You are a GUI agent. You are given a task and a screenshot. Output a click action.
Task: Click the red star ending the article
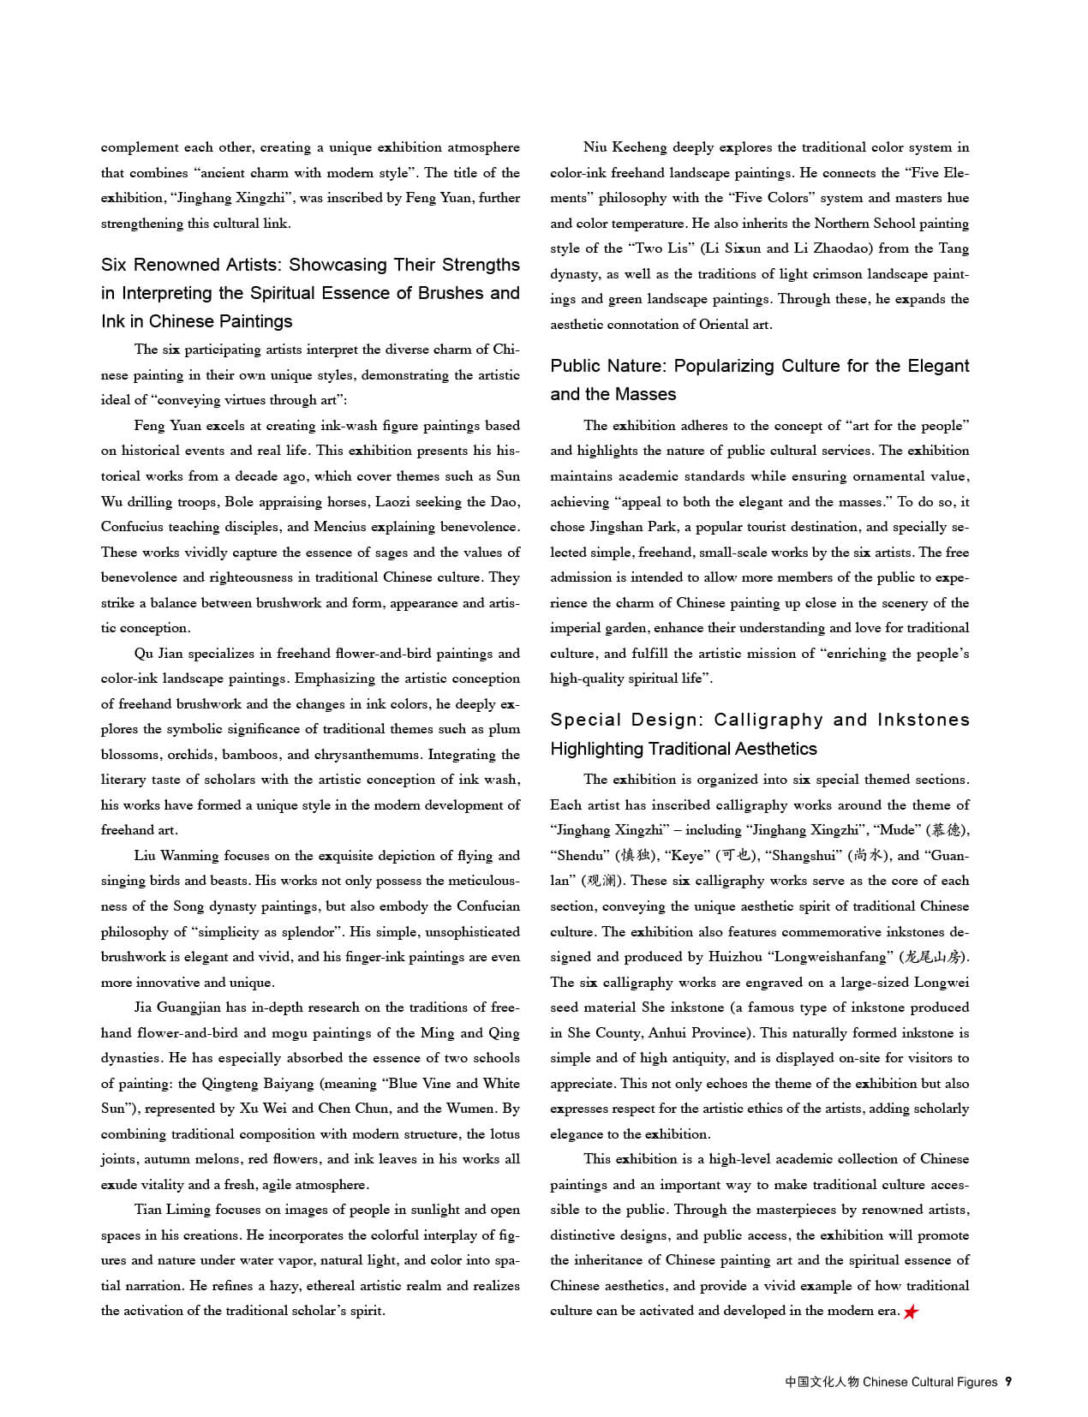click(x=911, y=1312)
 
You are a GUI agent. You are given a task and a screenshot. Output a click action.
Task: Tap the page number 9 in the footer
click(x=1008, y=1381)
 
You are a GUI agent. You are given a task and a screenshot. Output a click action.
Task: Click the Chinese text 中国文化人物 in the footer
click(x=822, y=1382)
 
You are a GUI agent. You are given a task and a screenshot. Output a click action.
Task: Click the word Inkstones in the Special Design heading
click(x=923, y=720)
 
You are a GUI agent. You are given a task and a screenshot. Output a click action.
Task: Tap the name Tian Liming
click(x=172, y=1210)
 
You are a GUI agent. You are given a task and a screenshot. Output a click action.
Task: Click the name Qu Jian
click(x=158, y=653)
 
